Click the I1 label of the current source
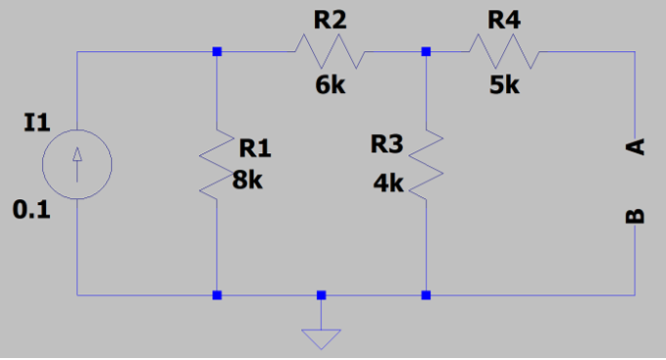point(35,122)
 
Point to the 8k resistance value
point(248,180)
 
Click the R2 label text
point(329,20)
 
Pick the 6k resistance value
point(330,85)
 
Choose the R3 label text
point(386,144)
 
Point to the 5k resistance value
point(504,85)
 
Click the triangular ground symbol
point(321,339)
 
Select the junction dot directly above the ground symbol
point(321,294)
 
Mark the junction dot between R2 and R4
point(426,51)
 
